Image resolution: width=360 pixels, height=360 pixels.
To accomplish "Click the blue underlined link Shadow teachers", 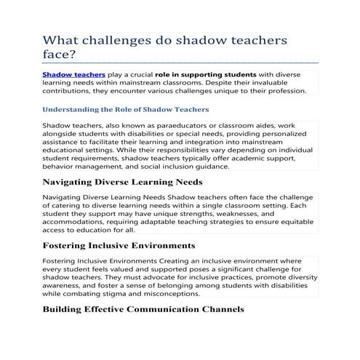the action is click(73, 75).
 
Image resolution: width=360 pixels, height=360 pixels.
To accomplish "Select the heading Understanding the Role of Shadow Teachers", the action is click(126, 109).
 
